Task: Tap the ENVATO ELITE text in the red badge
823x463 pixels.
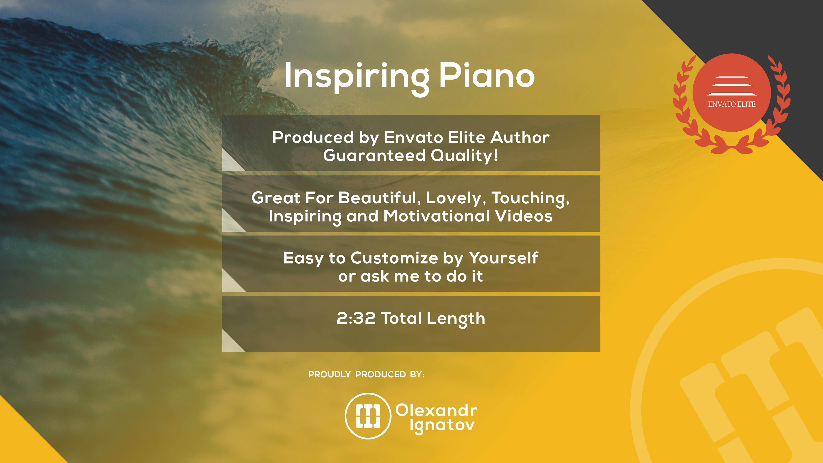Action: (732, 104)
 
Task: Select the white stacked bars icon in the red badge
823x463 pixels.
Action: (732, 86)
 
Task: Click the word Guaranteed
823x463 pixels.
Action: (375, 156)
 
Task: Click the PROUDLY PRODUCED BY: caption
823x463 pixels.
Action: (366, 375)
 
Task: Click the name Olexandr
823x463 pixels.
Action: (436, 410)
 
